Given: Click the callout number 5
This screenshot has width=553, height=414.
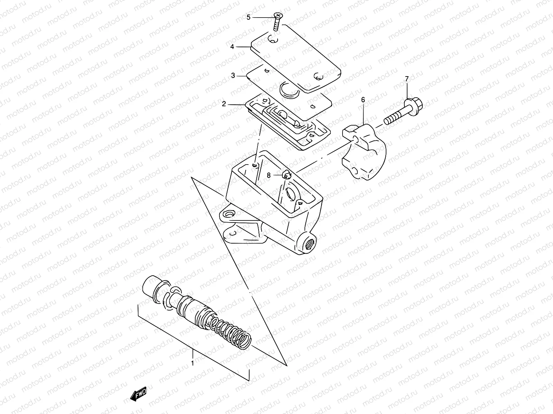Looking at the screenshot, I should click(x=249, y=17).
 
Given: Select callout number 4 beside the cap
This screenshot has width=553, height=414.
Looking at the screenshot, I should click(x=232, y=46).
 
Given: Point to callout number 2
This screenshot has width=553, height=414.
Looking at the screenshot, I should click(x=224, y=103).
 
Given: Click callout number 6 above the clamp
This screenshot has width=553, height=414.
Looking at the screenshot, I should click(x=363, y=100).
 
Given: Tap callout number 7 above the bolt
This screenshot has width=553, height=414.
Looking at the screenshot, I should click(x=407, y=79).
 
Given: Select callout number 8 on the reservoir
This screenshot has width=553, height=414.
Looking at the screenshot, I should click(x=269, y=175).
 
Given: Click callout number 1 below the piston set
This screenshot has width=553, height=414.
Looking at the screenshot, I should click(x=193, y=363).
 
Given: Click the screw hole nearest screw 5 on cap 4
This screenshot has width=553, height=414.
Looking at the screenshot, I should click(x=274, y=41).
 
